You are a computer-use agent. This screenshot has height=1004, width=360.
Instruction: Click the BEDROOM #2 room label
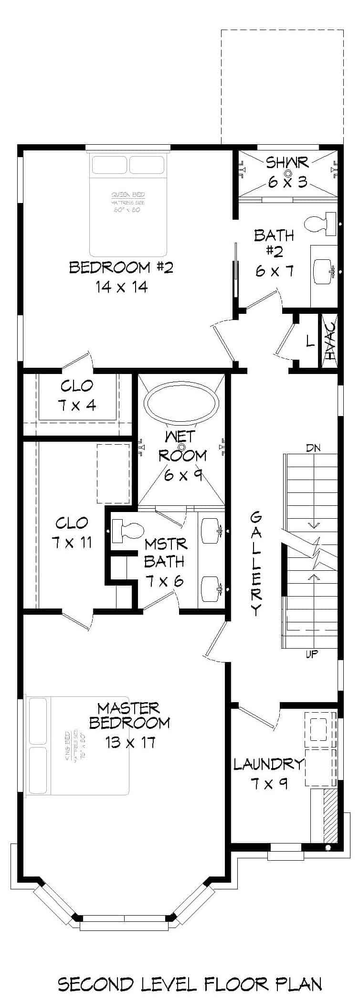pyautogui.click(x=121, y=267)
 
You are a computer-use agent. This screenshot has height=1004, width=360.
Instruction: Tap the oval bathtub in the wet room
pyautogui.click(x=181, y=404)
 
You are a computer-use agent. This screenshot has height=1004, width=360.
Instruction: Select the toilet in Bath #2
pyautogui.click(x=320, y=224)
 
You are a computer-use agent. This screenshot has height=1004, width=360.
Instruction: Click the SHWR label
pyautogui.click(x=287, y=163)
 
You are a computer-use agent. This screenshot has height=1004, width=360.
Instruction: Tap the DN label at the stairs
pyautogui.click(x=313, y=448)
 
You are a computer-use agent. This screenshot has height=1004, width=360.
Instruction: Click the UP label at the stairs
pyautogui.click(x=312, y=654)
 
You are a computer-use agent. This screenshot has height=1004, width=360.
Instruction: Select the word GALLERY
pyautogui.click(x=256, y=563)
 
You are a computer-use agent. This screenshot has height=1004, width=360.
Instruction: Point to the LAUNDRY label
pyautogui.click(x=269, y=765)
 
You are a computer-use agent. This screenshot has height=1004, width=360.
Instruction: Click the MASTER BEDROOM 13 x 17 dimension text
pyautogui.click(x=130, y=742)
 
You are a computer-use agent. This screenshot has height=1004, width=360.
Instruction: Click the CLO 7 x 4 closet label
pyautogui.click(x=77, y=395)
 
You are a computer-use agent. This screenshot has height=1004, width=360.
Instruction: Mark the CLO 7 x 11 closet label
pyautogui.click(x=72, y=533)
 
